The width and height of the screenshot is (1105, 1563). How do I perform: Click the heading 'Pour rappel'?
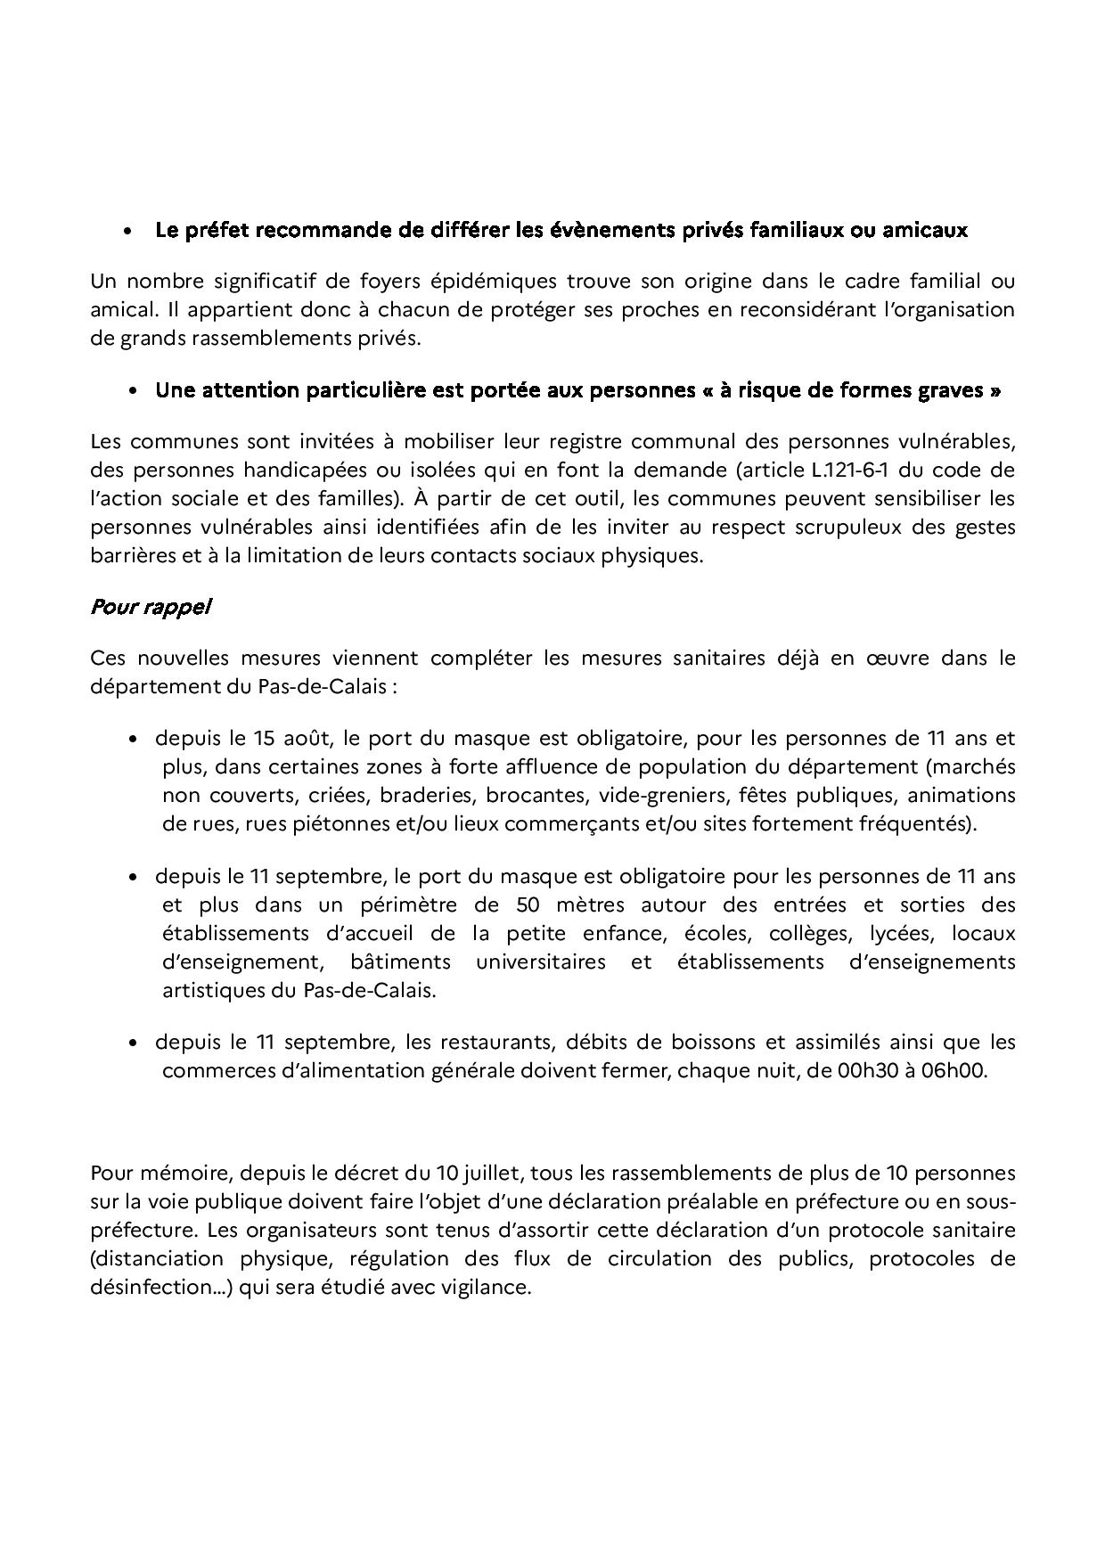coord(150,608)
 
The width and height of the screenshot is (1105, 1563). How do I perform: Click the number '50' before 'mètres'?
coord(528,905)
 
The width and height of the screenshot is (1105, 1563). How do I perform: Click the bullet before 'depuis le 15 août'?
coord(133,740)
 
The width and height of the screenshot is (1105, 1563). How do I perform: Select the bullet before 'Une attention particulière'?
coord(133,391)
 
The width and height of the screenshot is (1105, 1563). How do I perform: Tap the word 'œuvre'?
coord(904,659)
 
